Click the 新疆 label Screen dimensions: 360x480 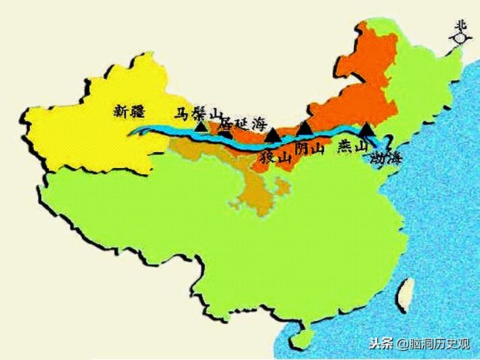click(x=128, y=110)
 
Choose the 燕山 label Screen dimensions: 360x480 click(x=352, y=148)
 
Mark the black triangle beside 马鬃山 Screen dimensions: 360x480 click(x=200, y=125)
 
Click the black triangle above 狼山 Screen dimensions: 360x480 click(x=272, y=135)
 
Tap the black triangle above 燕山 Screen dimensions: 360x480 click(x=365, y=129)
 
